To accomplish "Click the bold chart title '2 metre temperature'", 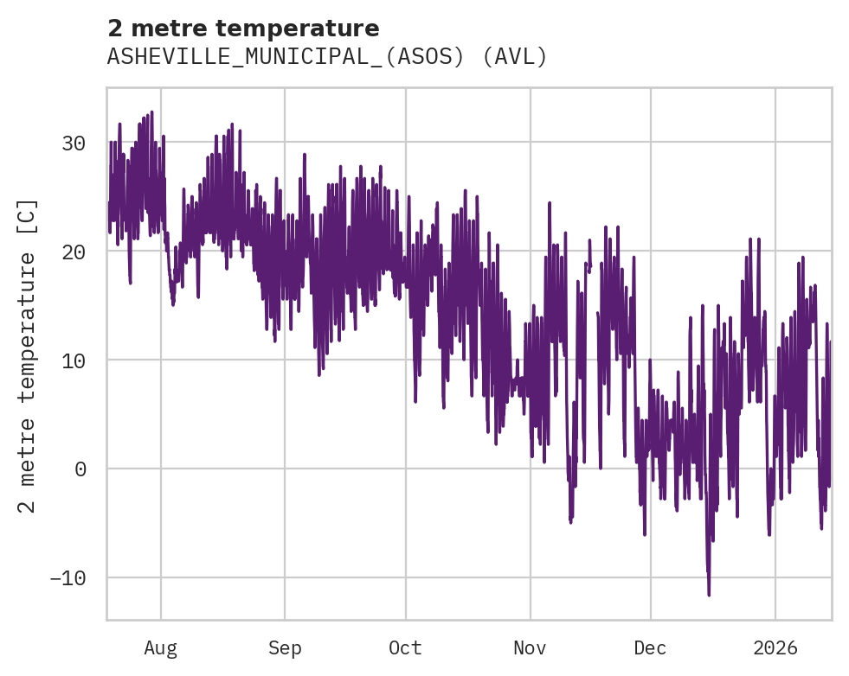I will (243, 29).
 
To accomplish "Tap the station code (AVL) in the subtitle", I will (515, 57).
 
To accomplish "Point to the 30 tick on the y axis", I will (74, 143).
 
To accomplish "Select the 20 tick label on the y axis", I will (74, 252).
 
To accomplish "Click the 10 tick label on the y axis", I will (74, 360).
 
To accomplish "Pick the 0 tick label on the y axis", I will (80, 469).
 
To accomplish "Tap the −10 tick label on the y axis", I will (68, 577).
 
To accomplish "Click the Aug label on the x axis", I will (160, 648).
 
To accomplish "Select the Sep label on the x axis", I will (285, 648).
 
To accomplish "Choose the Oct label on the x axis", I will (405, 648).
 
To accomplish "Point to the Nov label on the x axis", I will (530, 648).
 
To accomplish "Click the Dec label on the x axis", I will (650, 648).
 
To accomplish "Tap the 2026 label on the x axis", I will (775, 648).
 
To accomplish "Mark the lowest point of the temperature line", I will (709, 595).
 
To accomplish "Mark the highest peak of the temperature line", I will (151, 112).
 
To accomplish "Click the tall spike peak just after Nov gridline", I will (550, 202).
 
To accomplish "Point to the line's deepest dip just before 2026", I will (769, 535).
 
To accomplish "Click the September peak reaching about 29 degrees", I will (305, 155).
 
